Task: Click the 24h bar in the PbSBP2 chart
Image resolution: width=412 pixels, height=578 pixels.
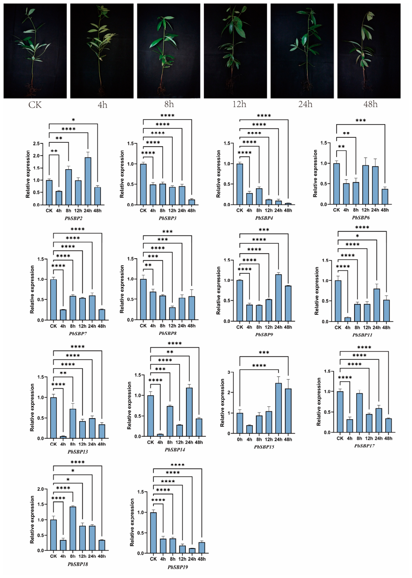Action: point(88,181)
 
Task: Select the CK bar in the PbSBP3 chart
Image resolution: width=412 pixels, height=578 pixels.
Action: point(143,184)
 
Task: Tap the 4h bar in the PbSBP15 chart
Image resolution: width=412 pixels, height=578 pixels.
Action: point(249,429)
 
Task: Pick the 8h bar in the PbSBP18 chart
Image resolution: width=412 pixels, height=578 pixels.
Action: point(73,529)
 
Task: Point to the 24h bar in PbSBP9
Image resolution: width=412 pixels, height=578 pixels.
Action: point(278,298)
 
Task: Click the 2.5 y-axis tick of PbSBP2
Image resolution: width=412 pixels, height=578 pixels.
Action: point(37,144)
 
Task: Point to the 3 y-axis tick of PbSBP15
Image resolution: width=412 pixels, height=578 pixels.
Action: point(229,372)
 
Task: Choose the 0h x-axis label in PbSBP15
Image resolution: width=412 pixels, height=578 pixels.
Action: point(240,440)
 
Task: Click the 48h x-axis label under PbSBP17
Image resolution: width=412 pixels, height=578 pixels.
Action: point(388,438)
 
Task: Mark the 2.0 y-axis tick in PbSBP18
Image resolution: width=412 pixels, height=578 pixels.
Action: point(41,489)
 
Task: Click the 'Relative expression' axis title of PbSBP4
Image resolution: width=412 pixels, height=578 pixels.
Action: point(219,174)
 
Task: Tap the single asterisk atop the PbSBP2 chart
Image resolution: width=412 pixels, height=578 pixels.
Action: point(73,120)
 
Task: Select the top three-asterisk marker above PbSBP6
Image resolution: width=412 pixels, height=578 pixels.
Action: point(360,121)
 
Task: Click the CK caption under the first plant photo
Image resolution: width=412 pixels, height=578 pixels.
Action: point(35,105)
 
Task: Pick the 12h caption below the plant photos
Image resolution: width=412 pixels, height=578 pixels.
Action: point(239,104)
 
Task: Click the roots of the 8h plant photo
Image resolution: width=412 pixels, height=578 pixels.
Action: point(162,89)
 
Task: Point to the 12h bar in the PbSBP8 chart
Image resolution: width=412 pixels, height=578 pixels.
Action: point(172,314)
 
